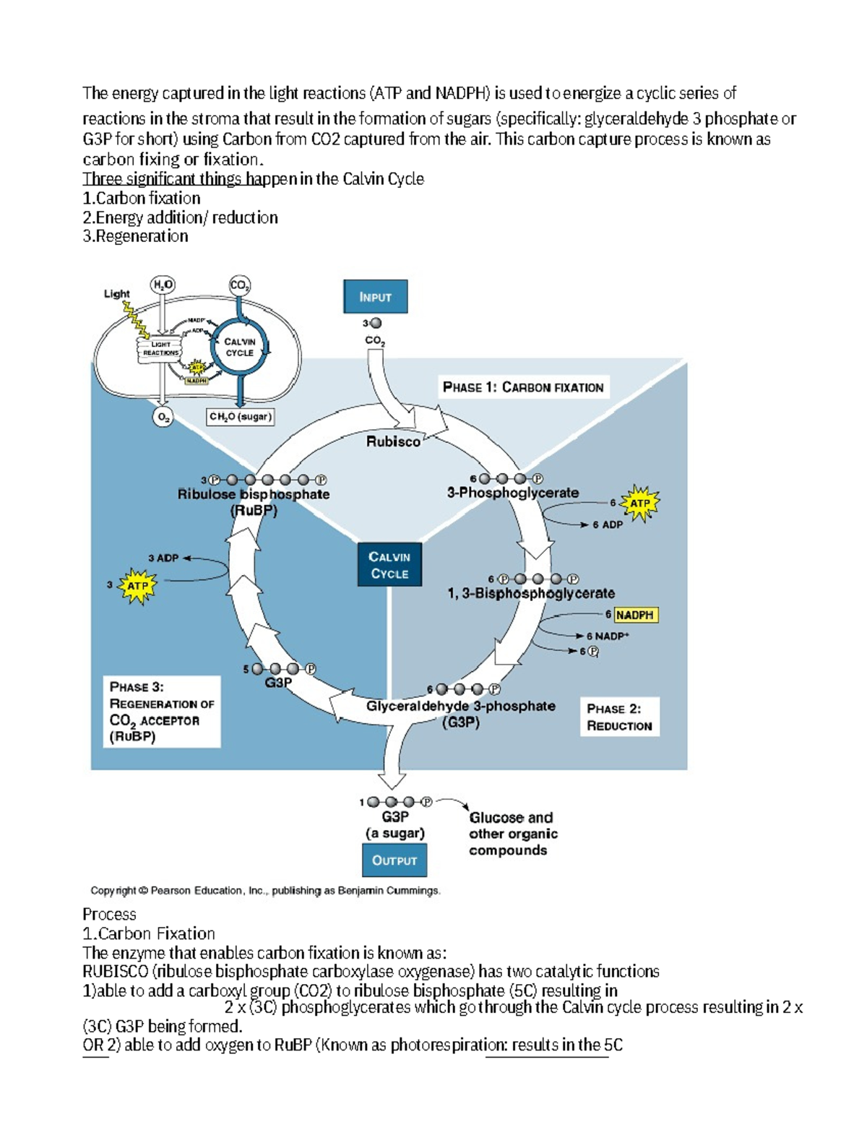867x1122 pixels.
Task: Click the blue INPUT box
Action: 375,297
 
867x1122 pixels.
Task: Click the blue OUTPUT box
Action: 394,860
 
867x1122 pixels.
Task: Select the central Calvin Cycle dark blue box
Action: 389,565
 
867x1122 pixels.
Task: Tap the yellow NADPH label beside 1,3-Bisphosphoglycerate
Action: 635,615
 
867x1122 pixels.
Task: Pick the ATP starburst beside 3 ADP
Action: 137,586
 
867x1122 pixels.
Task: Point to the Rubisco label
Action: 392,441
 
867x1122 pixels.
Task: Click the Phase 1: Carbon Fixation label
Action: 523,387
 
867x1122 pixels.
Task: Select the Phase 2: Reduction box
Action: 619,717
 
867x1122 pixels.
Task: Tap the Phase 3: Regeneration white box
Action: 162,712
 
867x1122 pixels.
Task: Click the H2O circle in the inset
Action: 163,285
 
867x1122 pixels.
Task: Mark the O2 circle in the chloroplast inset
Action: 164,417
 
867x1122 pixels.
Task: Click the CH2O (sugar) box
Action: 240,417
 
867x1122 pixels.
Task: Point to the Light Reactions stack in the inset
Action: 160,349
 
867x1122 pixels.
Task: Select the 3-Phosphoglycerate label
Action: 512,493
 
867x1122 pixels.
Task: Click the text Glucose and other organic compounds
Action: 512,834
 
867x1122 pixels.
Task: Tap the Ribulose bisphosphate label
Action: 254,495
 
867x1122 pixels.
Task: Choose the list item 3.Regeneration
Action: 135,236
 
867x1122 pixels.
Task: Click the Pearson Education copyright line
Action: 265,891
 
